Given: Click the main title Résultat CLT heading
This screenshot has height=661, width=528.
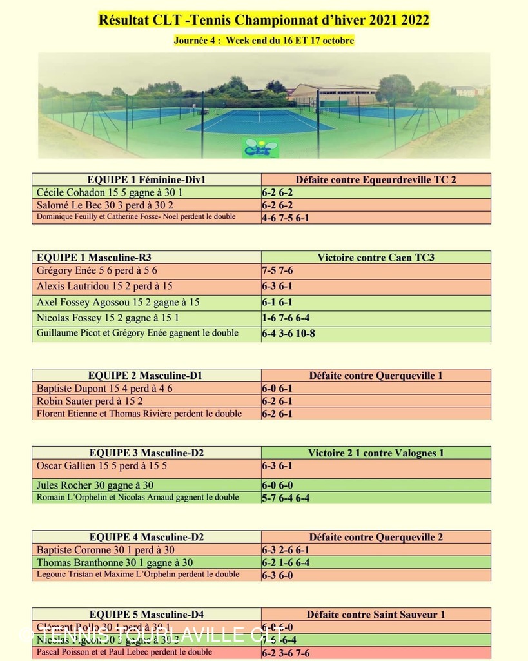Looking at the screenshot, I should click(x=264, y=20).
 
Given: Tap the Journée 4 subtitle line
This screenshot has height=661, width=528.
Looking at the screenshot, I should click(x=264, y=41).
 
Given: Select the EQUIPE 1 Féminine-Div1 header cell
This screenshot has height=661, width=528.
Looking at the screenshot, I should click(x=146, y=179).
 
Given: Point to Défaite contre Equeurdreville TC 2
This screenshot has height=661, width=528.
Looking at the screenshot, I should click(x=376, y=179).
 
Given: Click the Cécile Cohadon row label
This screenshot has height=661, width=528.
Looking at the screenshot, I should click(x=110, y=192).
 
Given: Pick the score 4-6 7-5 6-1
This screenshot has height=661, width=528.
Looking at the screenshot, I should click(x=286, y=218).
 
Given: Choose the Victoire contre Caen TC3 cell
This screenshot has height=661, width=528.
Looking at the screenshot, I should click(x=376, y=258).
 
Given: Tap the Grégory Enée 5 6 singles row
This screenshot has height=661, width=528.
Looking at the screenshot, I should click(x=97, y=270).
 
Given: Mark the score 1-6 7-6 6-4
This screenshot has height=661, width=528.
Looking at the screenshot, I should click(x=286, y=318).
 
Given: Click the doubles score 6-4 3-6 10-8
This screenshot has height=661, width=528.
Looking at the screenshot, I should click(x=288, y=334).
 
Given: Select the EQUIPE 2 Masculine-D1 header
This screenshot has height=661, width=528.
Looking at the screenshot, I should click(x=146, y=375).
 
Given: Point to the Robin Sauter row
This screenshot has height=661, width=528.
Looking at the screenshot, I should click(x=90, y=401).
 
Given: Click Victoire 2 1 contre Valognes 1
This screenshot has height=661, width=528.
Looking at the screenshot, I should click(x=376, y=453).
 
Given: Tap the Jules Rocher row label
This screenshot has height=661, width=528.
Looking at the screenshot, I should click(x=95, y=485).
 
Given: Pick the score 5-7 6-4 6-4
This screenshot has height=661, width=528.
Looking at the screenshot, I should click(x=286, y=498).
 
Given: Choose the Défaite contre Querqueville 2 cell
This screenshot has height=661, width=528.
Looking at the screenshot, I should click(x=376, y=537).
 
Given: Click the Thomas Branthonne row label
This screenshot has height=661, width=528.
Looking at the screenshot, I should click(x=115, y=563).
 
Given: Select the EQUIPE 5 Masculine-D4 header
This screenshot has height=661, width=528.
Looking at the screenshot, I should click(x=146, y=615).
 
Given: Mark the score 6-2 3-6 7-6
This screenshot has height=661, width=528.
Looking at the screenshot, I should click(x=286, y=653).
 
